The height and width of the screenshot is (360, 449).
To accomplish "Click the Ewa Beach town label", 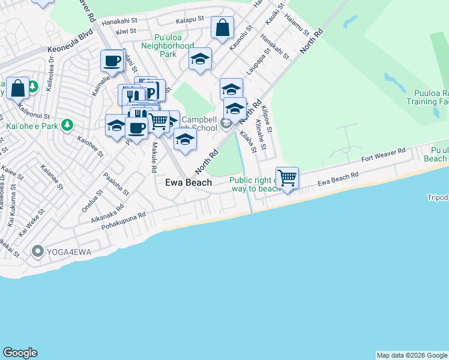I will (188, 182).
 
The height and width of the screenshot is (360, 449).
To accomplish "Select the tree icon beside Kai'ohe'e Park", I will (68, 125).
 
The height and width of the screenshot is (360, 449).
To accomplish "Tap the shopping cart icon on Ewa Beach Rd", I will (288, 177).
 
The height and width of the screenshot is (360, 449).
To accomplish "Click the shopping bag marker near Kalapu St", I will (222, 27).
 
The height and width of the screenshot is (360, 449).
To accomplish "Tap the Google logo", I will (20, 353).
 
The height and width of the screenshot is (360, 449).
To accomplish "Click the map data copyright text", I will (412, 355).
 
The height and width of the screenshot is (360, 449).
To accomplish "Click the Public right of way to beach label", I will (256, 184).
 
